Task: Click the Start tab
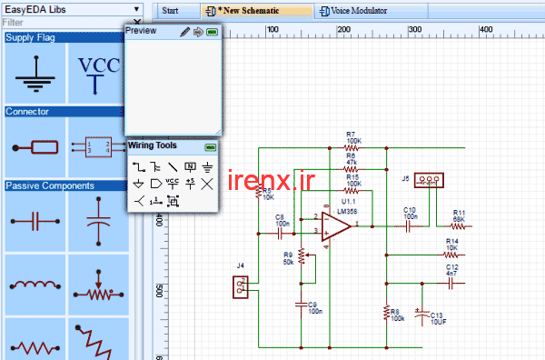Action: pos(170,11)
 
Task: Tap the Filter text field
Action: pos(64,22)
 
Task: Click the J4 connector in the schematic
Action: pos(241,287)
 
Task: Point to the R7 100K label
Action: pos(353,137)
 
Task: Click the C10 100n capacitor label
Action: pos(411,214)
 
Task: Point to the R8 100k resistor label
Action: pos(396,314)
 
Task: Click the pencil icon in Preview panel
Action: pos(184,32)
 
